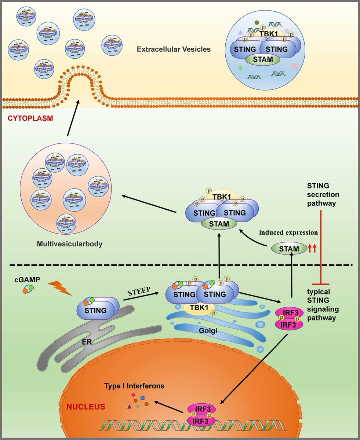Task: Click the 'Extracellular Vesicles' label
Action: coord(174,49)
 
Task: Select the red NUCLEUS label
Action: coord(86,407)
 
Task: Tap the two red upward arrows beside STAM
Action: coord(312,249)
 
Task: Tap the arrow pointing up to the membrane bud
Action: coord(73,119)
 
